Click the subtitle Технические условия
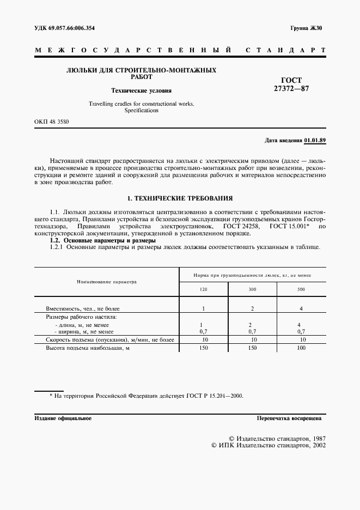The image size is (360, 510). [141, 90]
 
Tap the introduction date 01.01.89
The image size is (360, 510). [315, 140]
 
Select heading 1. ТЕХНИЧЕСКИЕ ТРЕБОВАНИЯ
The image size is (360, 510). [180, 198]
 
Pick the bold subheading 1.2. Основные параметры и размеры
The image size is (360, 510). [103, 240]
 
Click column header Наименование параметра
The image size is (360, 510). [107, 282]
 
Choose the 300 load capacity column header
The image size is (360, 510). [252, 289]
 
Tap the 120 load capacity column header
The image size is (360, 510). [203, 289]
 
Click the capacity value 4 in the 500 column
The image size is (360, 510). [301, 309]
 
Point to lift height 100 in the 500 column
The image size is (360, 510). [301, 347]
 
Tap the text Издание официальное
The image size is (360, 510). [63, 418]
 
